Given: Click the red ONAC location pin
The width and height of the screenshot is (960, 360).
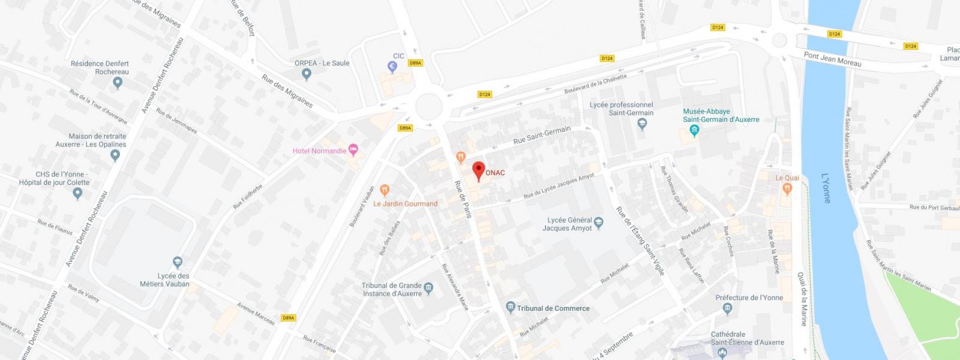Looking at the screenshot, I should pos(478,170).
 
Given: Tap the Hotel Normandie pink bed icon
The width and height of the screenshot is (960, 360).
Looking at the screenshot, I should pos(353,148).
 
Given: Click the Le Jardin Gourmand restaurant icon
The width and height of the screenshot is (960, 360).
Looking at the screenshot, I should pos(385,190).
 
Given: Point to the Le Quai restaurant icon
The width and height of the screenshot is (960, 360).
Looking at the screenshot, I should pos(787,188).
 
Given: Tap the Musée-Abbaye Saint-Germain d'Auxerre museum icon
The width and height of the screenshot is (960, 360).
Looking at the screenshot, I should pos(694,130).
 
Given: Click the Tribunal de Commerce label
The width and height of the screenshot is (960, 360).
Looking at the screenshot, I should pos(553,308).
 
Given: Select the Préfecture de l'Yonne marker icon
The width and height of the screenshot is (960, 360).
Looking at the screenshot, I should pos(728,308).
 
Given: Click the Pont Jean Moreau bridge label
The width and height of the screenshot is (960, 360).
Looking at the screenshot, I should pos(832,59).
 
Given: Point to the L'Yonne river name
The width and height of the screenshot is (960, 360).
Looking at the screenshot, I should pos(826,188).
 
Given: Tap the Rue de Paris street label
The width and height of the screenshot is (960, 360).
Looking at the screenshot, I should pos(463,199).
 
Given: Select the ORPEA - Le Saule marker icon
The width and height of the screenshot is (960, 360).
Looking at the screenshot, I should pos(307,74).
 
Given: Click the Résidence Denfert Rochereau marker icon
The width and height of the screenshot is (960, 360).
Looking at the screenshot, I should pos(117,83).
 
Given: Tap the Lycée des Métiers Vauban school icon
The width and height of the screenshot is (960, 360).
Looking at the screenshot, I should pos(177,262).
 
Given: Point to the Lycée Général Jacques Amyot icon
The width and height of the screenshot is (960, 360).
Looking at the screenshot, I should pos(598,224).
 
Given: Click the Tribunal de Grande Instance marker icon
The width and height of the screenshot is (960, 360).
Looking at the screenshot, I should pos(428,290).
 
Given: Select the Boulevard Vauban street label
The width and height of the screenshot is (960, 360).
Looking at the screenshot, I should pos(362,206).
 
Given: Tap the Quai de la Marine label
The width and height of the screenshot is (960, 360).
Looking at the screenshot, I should pos(802,299).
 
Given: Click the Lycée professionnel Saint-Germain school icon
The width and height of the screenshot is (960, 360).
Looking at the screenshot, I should pos(642,124).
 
